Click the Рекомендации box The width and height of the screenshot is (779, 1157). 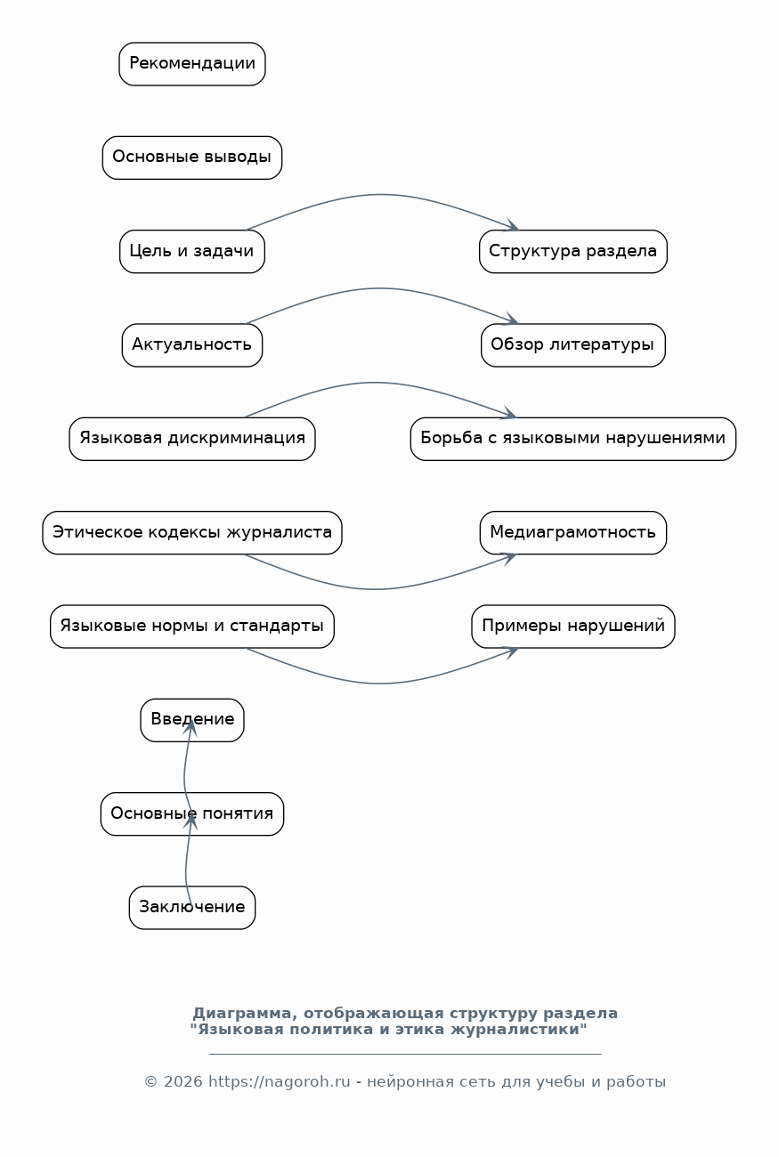pos(192,64)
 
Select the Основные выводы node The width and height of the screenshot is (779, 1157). pos(192,158)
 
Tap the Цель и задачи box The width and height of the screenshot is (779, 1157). pos(192,251)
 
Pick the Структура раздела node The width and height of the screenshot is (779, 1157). pos(572,251)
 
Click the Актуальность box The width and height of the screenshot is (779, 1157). pos(192,345)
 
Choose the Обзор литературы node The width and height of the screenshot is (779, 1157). pos(572,345)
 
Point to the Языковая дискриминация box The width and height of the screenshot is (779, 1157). pos(192,439)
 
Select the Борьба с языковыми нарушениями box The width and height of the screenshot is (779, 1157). pos(572,439)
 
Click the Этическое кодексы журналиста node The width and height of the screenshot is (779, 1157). pos(192,533)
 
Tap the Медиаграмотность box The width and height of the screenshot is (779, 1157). pos(572,533)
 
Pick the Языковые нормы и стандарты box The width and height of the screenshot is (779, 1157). pos(192,627)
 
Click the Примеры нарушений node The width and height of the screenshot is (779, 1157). pos(572,627)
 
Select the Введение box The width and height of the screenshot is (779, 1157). pos(192,720)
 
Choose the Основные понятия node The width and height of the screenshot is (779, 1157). pos(192,814)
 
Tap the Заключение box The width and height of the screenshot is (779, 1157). pos(192,908)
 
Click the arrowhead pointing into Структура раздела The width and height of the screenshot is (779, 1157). pos(512,226)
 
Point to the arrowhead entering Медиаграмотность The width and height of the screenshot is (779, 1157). pos(509,558)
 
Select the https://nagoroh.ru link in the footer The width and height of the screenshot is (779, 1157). pos(280,1082)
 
